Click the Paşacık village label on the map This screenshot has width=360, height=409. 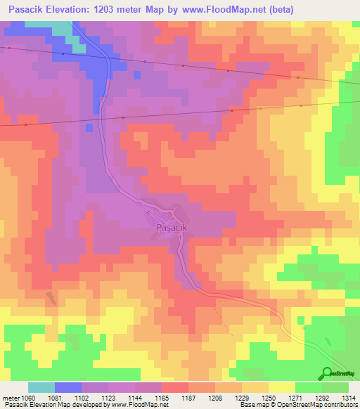tap(164, 228)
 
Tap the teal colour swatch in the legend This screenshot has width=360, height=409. tap(41, 387)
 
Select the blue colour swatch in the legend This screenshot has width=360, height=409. tap(68, 387)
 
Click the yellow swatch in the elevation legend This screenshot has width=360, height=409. tap(282, 387)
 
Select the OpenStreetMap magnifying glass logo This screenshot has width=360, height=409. tap(326, 373)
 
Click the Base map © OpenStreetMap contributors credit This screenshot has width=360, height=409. tap(297, 405)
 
